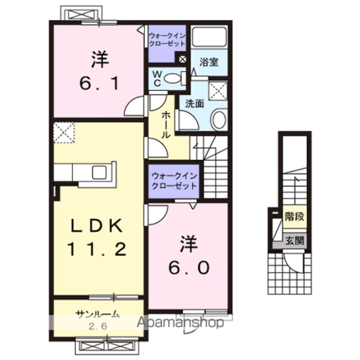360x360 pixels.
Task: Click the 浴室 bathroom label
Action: (209, 62)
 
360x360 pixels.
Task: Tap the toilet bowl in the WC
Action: (173, 78)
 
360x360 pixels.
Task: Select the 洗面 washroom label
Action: (195, 103)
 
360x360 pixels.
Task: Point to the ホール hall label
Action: (166, 125)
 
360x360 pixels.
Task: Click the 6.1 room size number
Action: (99, 83)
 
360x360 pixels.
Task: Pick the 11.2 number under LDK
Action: (97, 249)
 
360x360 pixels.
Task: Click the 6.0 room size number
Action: (189, 268)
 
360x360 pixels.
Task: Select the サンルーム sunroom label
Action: (98, 314)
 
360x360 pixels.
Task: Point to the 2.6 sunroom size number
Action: (98, 326)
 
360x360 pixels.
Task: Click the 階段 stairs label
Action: (295, 216)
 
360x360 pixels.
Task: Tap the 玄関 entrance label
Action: (295, 241)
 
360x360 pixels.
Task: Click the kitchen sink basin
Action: (99, 173)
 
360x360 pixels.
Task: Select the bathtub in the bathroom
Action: (209, 37)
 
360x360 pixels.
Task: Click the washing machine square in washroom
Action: (218, 91)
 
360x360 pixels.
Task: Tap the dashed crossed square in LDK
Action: (64, 133)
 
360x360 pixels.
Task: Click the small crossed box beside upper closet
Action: (183, 60)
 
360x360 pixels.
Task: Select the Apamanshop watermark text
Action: (180, 322)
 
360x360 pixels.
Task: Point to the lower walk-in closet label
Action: (174, 181)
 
